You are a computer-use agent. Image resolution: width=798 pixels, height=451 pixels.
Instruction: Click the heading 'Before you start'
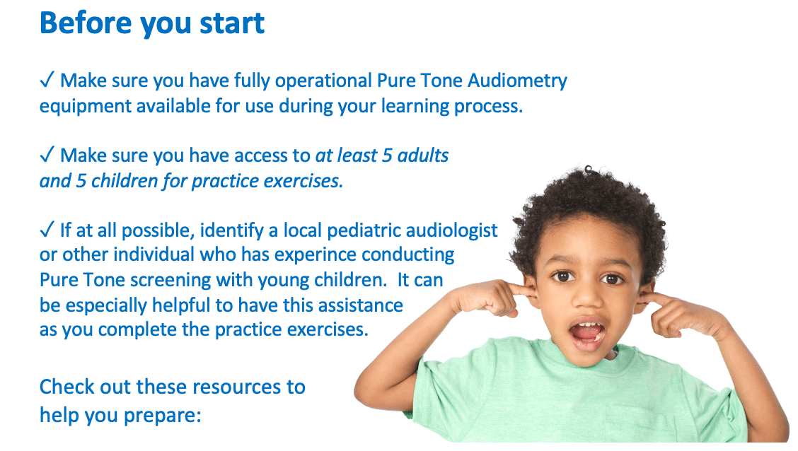click(x=152, y=23)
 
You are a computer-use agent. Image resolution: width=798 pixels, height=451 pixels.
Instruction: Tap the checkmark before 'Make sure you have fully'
click(x=47, y=80)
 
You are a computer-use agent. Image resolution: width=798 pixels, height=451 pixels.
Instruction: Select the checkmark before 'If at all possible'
click(x=47, y=230)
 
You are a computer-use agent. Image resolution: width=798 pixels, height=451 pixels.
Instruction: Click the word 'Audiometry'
click(x=517, y=81)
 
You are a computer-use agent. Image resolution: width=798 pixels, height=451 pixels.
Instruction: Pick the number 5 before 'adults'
click(x=387, y=156)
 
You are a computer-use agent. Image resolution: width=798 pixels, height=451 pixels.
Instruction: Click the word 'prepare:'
click(x=162, y=416)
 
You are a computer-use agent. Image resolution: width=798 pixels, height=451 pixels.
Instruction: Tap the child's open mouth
click(x=586, y=334)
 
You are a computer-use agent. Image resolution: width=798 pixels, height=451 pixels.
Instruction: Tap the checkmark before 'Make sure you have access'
click(x=47, y=155)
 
